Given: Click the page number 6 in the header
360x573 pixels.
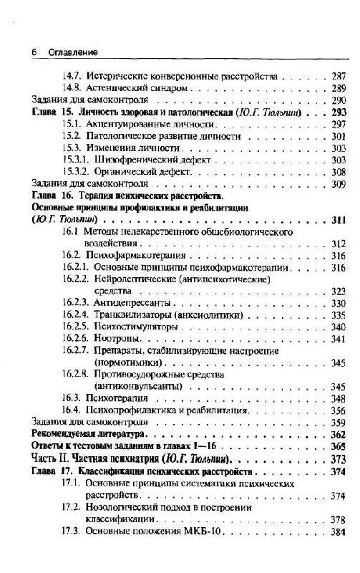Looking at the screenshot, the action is tap(34, 52).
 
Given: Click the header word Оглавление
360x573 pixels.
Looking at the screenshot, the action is tap(72, 52).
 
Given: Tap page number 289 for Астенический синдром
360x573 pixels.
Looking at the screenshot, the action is tap(339, 87).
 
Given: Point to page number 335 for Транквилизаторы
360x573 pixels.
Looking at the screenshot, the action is tap(339, 315).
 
